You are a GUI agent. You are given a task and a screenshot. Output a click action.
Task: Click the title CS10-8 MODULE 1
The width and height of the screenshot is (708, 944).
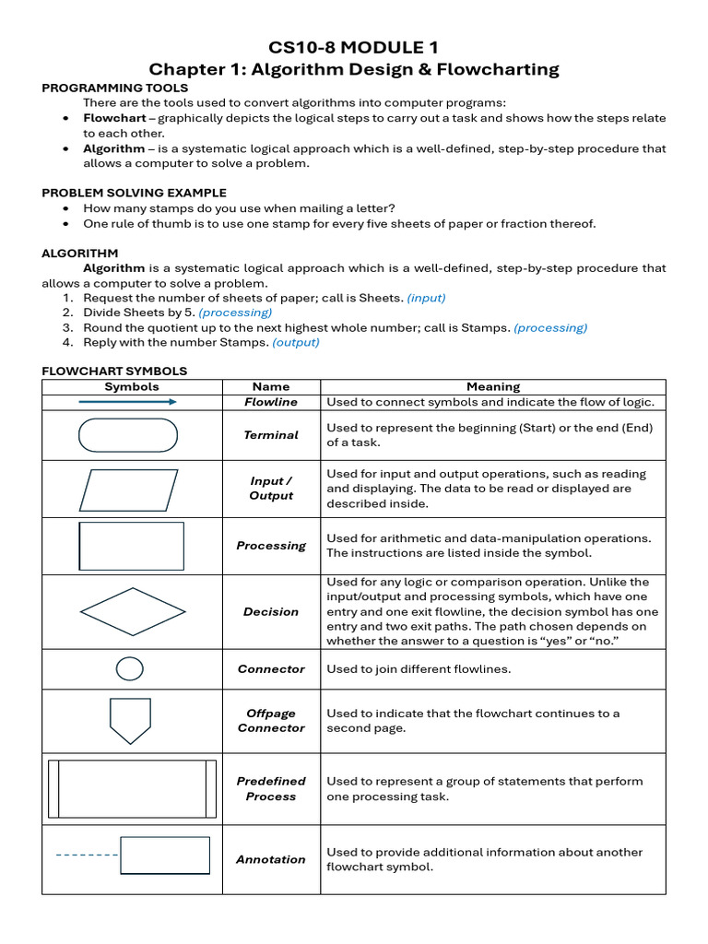[x=354, y=47]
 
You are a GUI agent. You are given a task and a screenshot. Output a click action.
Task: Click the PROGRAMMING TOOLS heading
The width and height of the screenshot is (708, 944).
[x=114, y=88]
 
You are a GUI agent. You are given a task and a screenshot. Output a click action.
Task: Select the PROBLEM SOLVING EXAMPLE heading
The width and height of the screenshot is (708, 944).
[x=134, y=193]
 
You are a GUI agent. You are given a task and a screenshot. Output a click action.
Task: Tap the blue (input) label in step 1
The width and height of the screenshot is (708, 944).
[x=426, y=298]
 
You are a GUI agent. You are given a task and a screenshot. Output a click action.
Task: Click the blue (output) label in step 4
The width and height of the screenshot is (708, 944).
[x=296, y=342]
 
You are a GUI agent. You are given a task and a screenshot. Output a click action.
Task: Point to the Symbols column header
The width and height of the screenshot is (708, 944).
[x=132, y=387]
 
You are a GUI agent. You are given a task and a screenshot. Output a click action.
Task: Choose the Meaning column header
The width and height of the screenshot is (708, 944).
[x=493, y=387]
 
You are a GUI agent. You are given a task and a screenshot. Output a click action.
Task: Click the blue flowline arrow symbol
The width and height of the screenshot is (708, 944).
[x=128, y=402]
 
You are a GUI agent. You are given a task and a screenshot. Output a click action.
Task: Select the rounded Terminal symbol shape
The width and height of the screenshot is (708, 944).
[x=128, y=435]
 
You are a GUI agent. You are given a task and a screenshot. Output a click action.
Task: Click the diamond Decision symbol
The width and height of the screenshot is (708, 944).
[x=133, y=612]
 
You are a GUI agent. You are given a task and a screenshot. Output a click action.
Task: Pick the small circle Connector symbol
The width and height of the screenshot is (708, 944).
[x=130, y=669]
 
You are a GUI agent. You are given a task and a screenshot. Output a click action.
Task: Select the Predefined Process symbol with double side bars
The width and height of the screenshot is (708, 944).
[x=132, y=789]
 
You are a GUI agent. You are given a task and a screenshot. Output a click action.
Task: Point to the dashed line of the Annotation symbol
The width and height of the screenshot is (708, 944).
[x=87, y=855]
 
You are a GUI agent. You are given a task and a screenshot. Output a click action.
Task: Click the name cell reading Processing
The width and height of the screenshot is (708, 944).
[x=271, y=546]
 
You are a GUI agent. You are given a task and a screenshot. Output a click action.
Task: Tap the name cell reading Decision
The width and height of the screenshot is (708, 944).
[x=271, y=612]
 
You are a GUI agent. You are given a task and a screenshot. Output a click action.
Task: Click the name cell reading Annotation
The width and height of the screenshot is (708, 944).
[x=271, y=859]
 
